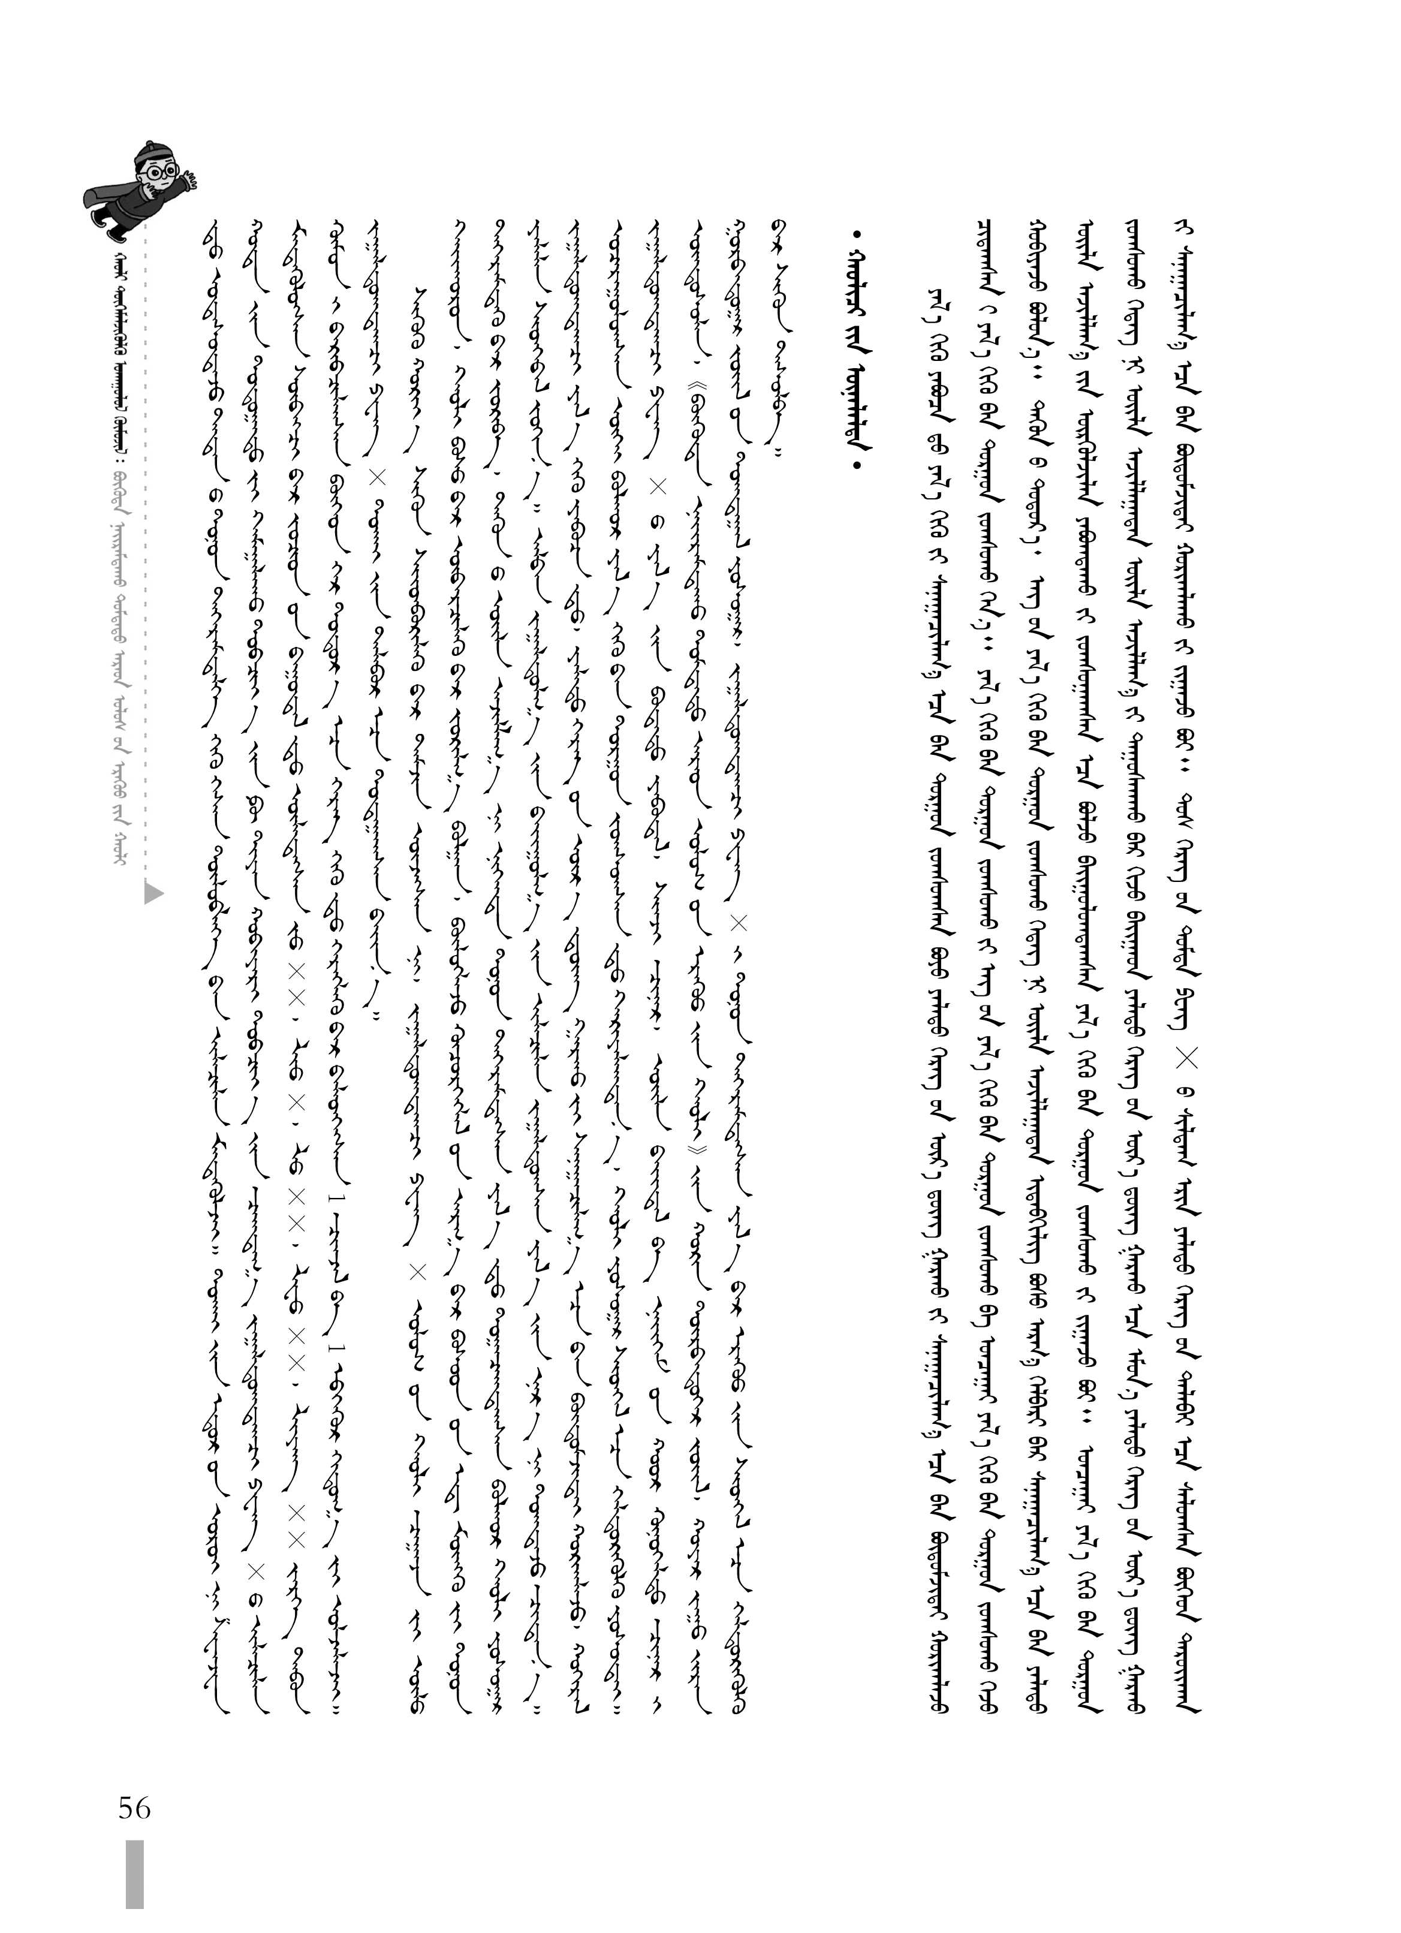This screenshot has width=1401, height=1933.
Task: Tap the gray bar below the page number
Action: [135, 1884]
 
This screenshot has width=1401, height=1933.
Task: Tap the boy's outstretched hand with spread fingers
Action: [189, 180]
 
